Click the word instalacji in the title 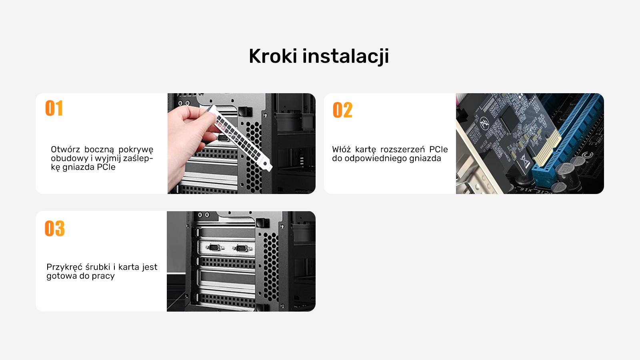click(346, 56)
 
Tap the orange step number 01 click(54, 108)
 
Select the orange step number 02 click(342, 110)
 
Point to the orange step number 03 click(54, 228)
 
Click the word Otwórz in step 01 click(66, 150)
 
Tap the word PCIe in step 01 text click(106, 167)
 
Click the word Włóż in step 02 click(341, 150)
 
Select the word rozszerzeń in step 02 click(402, 150)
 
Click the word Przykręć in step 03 click(64, 267)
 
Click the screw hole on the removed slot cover click(266, 164)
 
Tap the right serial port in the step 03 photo click(242, 248)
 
